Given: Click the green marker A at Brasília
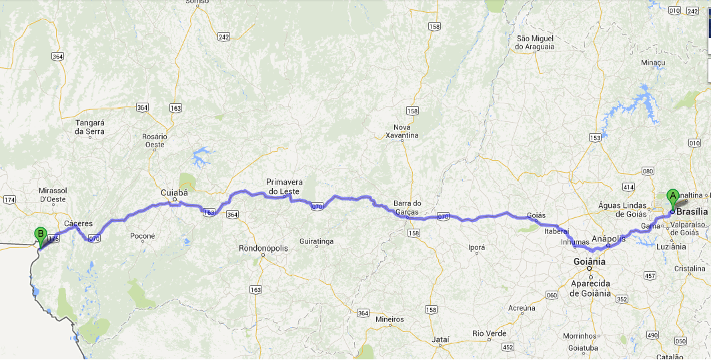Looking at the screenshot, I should point(672,197).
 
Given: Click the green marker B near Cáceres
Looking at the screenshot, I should point(40,235).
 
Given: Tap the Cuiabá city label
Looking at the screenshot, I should point(174,192).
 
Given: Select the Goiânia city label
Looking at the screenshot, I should point(590,262).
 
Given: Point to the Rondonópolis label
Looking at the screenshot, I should point(263,249).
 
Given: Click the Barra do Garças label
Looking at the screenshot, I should point(408,207).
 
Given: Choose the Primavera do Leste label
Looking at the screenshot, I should point(284,186).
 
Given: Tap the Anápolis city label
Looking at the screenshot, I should point(608,238).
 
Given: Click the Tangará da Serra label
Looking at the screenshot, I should point(91,127).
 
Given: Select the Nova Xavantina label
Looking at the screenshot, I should point(402,131).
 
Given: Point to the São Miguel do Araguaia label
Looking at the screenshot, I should point(535,43).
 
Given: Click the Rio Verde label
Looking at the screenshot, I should point(489,333).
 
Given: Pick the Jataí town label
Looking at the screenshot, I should point(440,339).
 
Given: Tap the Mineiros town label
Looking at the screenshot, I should point(390,319).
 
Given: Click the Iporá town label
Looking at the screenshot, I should point(477,246).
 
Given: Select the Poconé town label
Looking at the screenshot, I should point(143,236).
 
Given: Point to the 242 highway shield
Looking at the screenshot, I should point(223,37).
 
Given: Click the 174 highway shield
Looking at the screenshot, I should point(9,200).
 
